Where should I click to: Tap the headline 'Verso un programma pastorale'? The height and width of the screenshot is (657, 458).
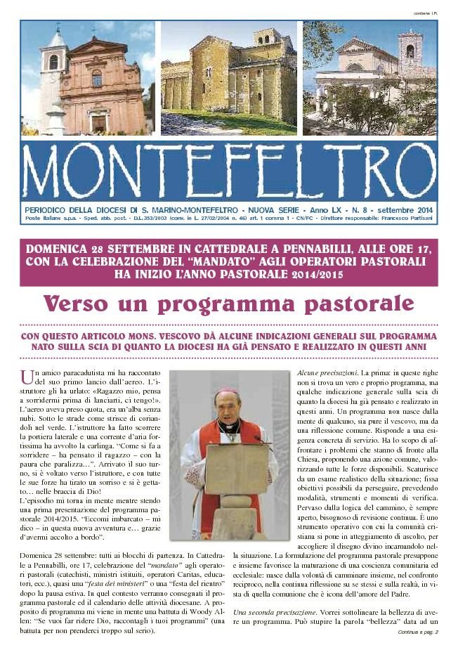(228, 304)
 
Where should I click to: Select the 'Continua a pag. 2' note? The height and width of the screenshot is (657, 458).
(417, 632)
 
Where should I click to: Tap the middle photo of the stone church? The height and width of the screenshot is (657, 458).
(228, 77)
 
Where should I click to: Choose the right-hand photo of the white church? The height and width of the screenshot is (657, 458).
(369, 77)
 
